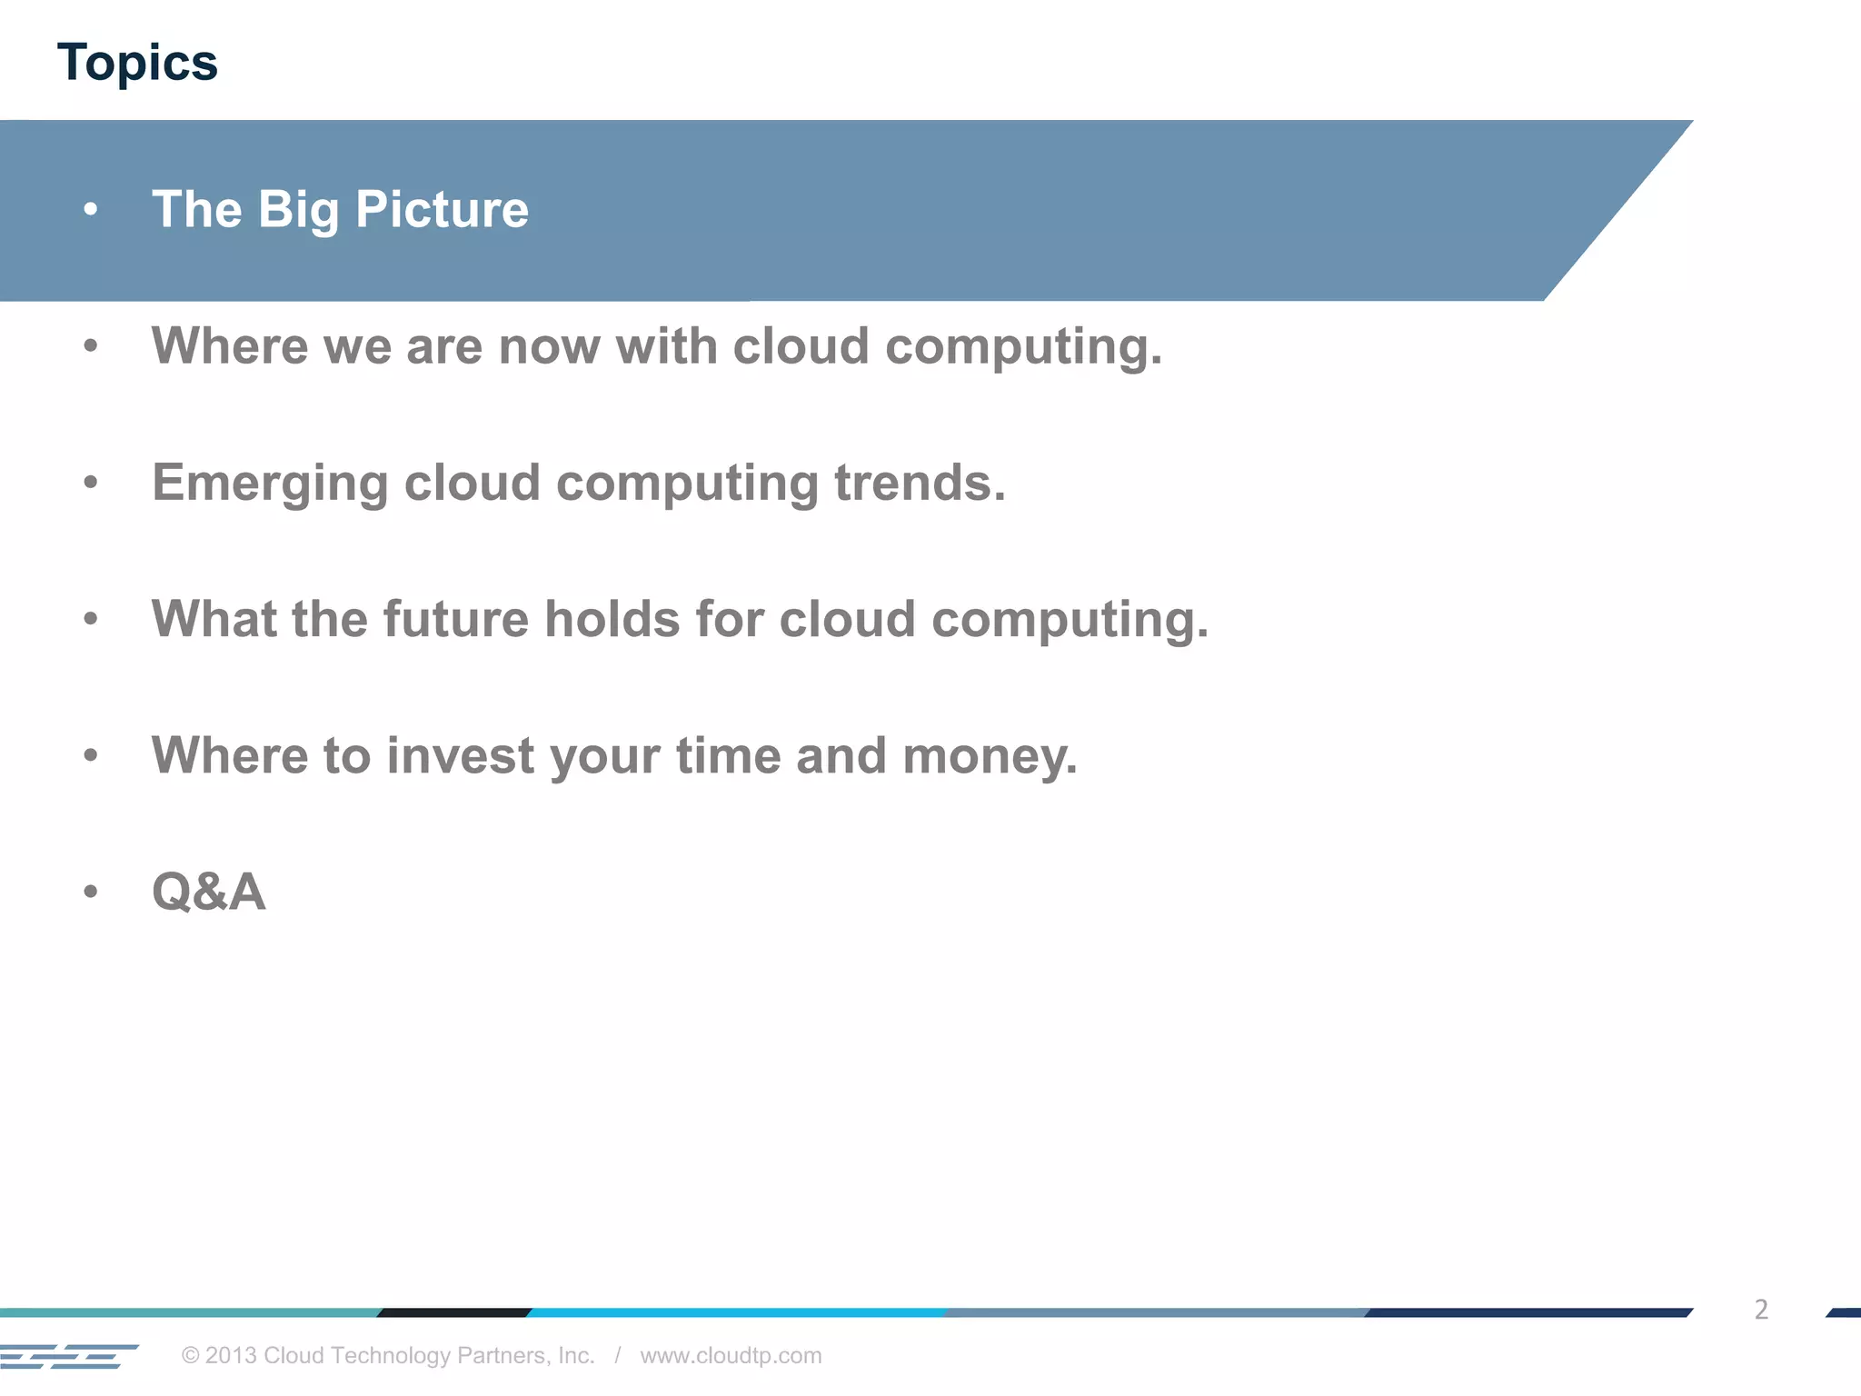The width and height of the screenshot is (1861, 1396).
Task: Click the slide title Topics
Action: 137,64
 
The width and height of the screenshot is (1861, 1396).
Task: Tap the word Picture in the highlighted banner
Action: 442,210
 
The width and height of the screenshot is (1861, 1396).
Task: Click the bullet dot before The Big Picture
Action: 90,210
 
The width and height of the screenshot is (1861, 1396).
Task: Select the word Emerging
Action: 270,483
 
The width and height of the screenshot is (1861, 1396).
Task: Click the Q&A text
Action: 208,892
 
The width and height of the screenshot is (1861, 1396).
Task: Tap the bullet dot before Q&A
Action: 90,892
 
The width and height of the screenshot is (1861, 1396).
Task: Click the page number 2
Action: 1761,1310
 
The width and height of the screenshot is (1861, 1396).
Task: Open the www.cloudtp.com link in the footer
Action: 731,1355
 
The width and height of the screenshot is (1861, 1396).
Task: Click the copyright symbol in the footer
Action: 190,1355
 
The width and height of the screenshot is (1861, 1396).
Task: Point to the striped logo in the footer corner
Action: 68,1356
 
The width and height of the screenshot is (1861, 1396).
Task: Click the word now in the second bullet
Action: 549,346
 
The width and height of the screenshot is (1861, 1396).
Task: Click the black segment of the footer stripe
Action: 454,1312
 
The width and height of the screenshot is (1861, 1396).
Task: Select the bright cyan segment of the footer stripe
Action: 736,1312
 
